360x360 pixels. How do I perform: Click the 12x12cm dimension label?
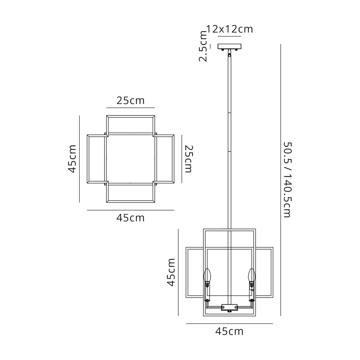230,29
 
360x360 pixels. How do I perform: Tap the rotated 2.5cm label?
203,46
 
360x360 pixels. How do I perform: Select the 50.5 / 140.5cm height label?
287,179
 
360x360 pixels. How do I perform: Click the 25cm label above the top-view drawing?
130,101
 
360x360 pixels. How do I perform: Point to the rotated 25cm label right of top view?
189,159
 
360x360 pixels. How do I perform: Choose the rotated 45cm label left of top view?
72,159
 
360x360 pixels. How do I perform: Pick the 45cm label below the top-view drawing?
130,218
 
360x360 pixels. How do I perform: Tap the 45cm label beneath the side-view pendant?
229,331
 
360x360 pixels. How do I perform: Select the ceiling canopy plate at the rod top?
230,47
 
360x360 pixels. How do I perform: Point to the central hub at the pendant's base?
230,307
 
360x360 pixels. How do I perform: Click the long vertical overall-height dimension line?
280,179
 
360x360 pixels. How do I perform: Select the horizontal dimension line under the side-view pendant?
229,324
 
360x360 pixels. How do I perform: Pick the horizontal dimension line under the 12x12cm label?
230,36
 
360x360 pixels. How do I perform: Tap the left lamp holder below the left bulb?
207,292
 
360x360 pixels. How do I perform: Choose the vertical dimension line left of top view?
79,159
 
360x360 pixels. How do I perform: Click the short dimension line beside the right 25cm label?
181,159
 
